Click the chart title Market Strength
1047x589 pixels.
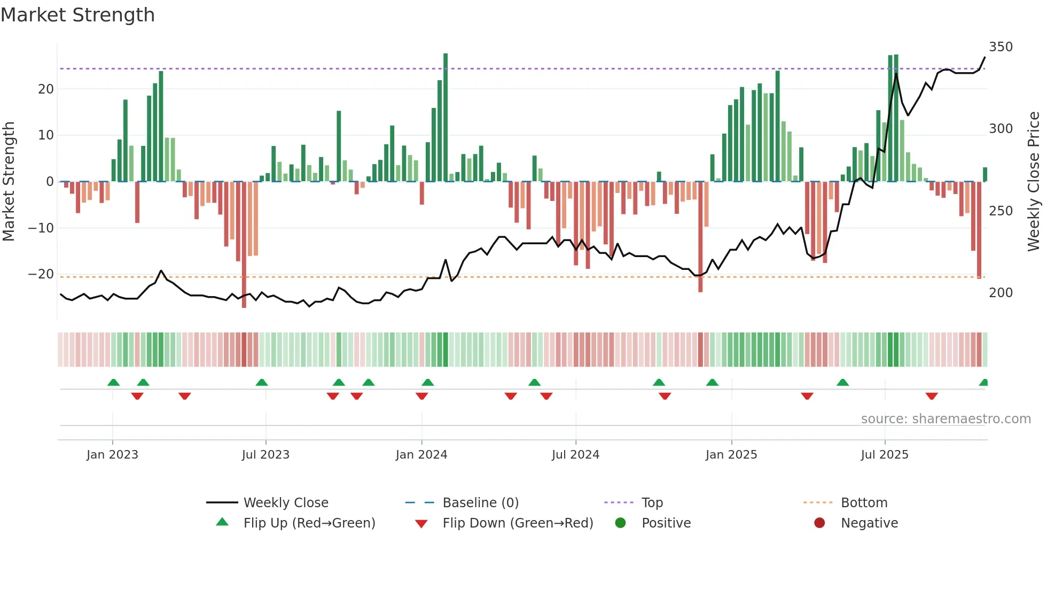pos(77,15)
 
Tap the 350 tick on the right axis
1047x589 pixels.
pos(1001,47)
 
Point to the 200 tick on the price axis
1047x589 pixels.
pos(1001,293)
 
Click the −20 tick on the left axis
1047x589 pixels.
pos(41,274)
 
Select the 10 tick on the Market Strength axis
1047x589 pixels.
pos(46,135)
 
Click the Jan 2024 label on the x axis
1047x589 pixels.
pos(421,455)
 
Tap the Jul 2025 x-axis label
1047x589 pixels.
pos(885,455)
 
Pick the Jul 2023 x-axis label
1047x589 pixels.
pos(265,455)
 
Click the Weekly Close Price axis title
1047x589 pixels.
pos(1034,182)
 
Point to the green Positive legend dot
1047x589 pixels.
pos(620,523)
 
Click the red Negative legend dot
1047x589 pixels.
pos(819,523)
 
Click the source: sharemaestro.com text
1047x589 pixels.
pos(946,419)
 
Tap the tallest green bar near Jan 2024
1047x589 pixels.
pos(446,118)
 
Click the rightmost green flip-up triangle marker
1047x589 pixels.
pos(984,383)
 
